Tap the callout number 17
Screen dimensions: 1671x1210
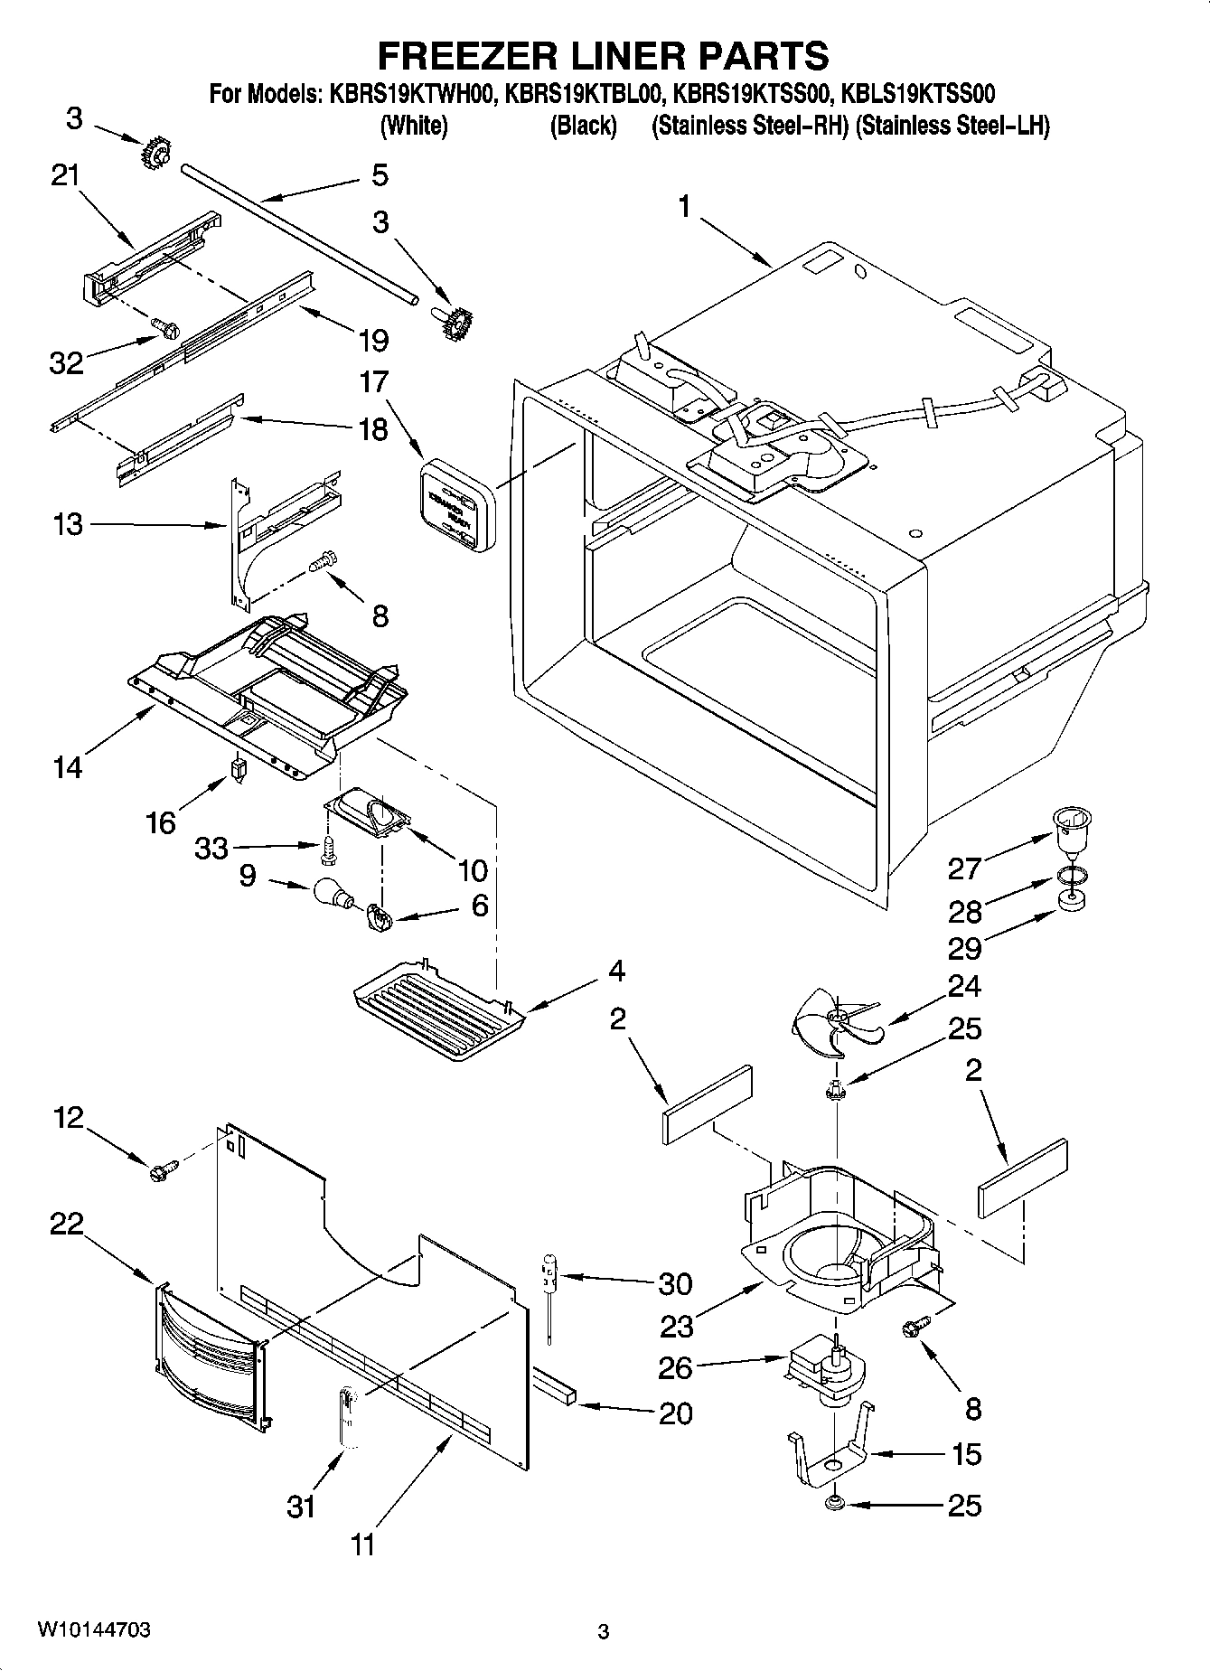point(373,382)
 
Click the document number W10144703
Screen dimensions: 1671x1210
point(95,1630)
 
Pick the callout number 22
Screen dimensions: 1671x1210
point(67,1225)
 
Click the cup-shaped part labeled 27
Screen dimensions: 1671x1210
point(1071,830)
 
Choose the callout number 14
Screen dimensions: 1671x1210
point(69,767)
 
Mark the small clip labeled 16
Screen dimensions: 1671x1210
point(239,769)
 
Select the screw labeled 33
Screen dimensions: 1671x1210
point(330,848)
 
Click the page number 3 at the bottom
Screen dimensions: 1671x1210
point(604,1631)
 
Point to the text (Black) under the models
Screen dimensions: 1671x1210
point(583,126)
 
